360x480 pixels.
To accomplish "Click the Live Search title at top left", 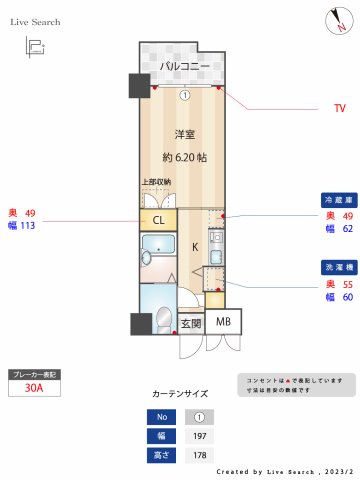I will pos(35,21).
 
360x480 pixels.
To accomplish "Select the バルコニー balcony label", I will pos(185,67).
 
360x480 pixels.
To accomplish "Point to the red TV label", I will pos(339,107).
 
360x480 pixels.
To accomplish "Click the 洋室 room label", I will pos(185,134).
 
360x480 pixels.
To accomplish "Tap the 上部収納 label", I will pos(155,182).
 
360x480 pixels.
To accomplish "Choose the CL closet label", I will pos(158,219).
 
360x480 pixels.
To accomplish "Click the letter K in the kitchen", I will pos(195,245).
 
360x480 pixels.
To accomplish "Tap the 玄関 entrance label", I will pos(191,323).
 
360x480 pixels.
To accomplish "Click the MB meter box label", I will pos(224,322).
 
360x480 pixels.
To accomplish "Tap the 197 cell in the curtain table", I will pos(199,436).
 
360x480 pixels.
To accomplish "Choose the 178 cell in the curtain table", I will pos(199,455).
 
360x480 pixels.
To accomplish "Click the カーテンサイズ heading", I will pos(181,395).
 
